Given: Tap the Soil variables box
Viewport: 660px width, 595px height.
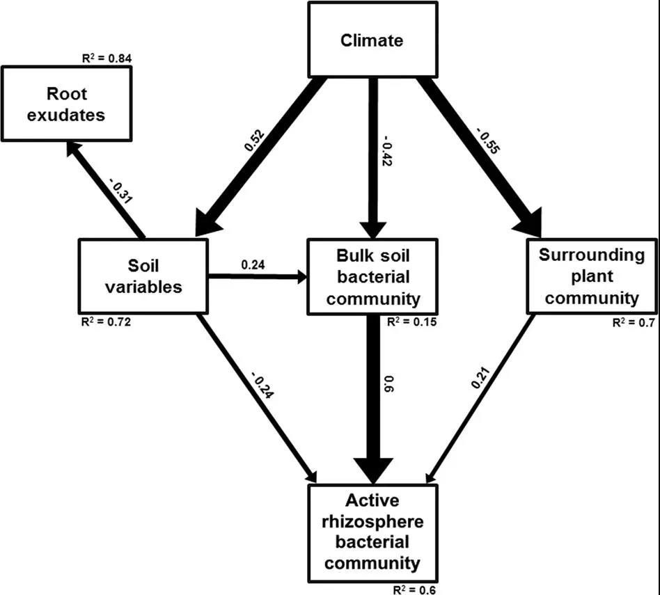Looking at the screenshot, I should [142, 276].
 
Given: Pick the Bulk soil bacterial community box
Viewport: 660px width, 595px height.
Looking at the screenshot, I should [372, 276].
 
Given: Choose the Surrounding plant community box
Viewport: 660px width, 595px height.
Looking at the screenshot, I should [591, 276].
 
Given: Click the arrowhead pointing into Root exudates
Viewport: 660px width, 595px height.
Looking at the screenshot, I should [72, 148].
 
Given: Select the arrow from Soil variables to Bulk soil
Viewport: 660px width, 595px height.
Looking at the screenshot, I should [258, 277].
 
